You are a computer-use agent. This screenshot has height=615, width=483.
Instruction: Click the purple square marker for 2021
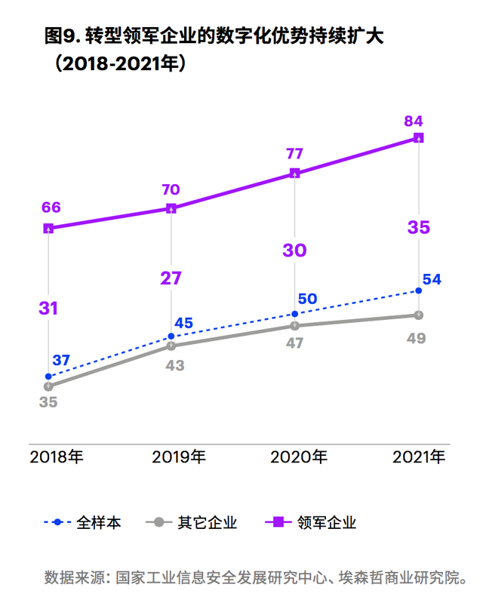419,138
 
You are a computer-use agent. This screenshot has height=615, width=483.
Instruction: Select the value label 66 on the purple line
51,208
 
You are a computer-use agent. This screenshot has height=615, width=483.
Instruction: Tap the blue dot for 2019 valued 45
171,337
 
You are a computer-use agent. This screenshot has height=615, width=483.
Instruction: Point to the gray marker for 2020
295,326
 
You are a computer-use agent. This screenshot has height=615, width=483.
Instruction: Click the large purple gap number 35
419,227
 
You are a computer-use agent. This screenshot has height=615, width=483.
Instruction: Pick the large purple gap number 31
48,308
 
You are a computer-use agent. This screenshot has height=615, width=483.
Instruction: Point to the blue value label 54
432,279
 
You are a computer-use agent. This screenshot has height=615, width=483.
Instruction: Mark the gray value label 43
172,366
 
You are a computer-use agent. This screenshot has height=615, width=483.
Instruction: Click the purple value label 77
294,153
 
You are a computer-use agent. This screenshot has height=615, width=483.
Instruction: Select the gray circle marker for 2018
48,386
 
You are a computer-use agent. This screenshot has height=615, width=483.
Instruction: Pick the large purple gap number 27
171,278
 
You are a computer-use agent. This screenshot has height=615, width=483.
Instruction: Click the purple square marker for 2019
171,208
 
